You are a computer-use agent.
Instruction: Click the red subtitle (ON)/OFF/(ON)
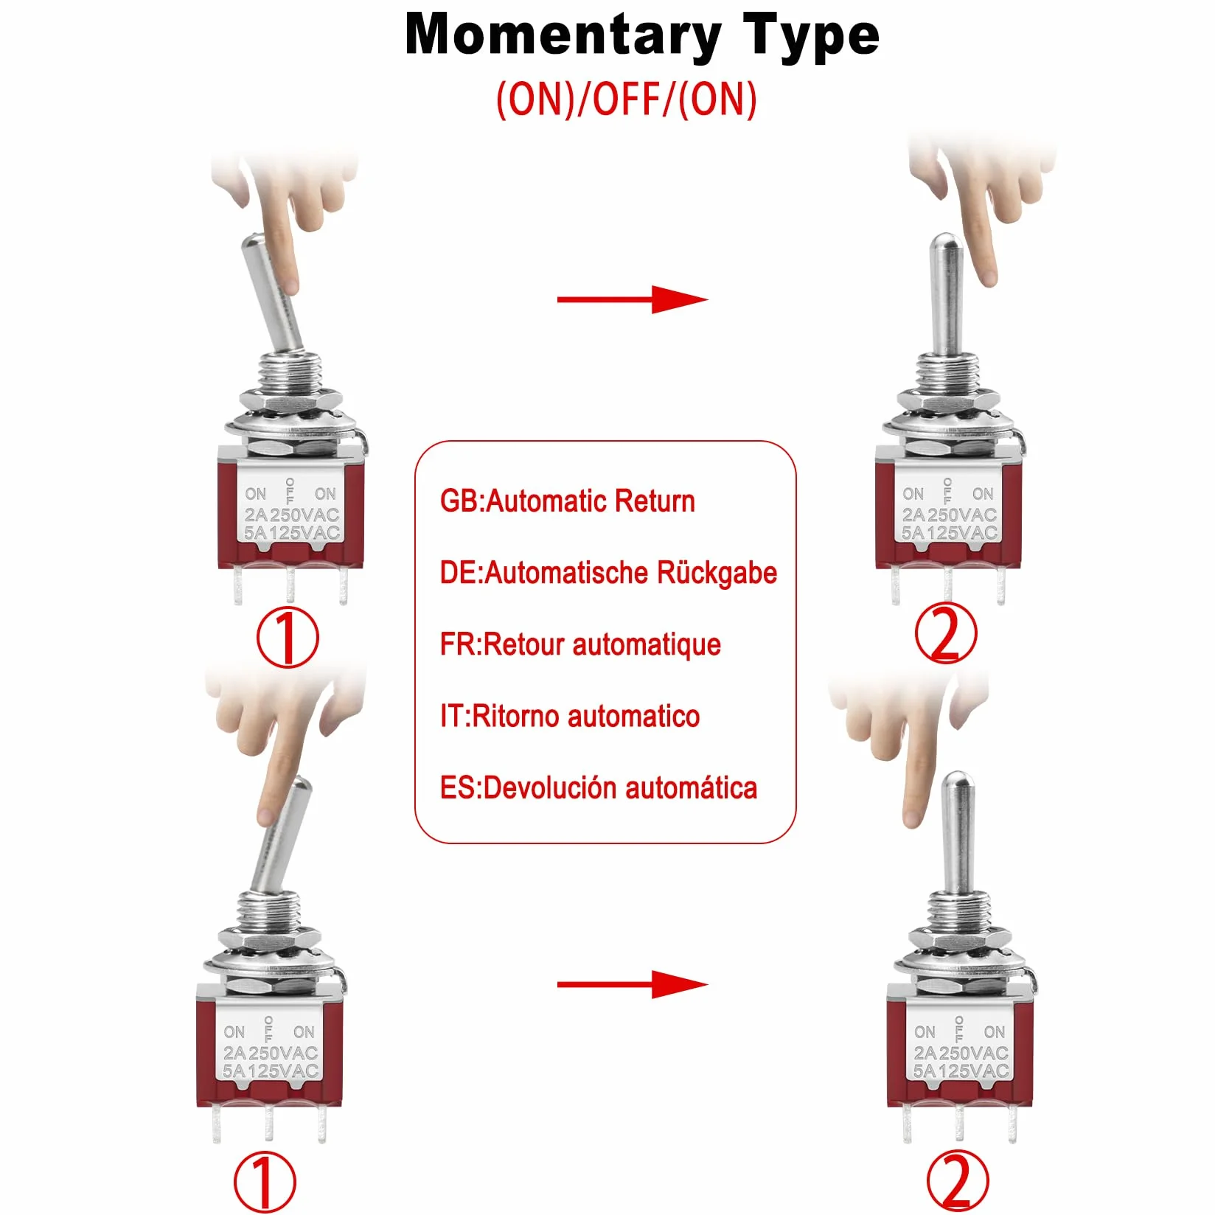click(x=627, y=99)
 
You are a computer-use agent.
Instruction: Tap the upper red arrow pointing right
click(x=633, y=299)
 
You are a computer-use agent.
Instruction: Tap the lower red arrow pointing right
click(x=633, y=984)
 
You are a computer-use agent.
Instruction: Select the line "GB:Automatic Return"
click(x=568, y=501)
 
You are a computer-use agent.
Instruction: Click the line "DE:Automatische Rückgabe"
click(x=608, y=573)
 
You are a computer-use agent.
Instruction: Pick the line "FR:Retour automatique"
click(x=580, y=644)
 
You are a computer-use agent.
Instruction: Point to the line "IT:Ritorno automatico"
click(x=570, y=716)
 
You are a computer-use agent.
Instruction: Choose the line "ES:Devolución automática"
click(x=599, y=787)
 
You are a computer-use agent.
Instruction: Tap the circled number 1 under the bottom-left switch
click(x=265, y=1183)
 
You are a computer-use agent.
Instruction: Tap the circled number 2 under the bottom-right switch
click(x=957, y=1180)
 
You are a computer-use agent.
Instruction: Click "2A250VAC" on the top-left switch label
click(x=292, y=515)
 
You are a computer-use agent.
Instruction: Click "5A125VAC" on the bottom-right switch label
click(x=961, y=1070)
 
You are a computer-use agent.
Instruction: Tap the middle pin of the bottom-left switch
click(x=269, y=1124)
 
